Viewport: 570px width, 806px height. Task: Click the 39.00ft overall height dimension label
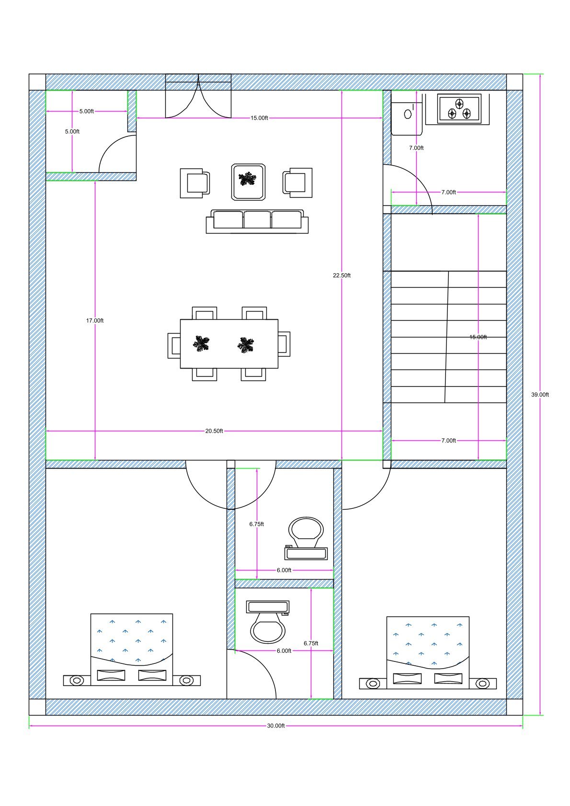(540, 395)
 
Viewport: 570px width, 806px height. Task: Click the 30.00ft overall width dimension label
(276, 726)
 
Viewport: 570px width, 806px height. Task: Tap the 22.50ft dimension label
(342, 275)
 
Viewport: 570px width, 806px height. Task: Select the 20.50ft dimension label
(214, 431)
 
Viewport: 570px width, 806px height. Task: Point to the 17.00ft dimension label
(95, 320)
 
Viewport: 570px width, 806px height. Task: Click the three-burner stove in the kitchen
(459, 109)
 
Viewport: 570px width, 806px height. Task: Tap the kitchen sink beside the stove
(408, 114)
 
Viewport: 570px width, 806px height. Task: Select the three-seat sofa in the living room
(257, 221)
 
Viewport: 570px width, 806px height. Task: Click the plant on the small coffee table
(248, 179)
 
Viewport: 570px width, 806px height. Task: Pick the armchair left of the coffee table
(195, 182)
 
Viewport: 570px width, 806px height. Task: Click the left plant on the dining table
(201, 344)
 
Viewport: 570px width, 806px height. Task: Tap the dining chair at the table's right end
(284, 344)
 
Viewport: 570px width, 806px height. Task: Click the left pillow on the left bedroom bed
(111, 675)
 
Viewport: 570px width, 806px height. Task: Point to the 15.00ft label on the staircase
(478, 337)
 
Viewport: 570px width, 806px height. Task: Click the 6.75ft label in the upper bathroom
(256, 524)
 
